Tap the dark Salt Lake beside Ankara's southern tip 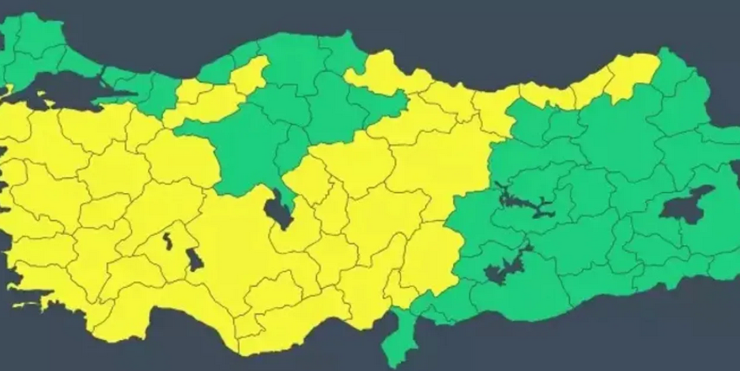(x=277, y=210)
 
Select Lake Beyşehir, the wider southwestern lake (x=193, y=259)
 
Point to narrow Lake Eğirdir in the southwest (x=168, y=238)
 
